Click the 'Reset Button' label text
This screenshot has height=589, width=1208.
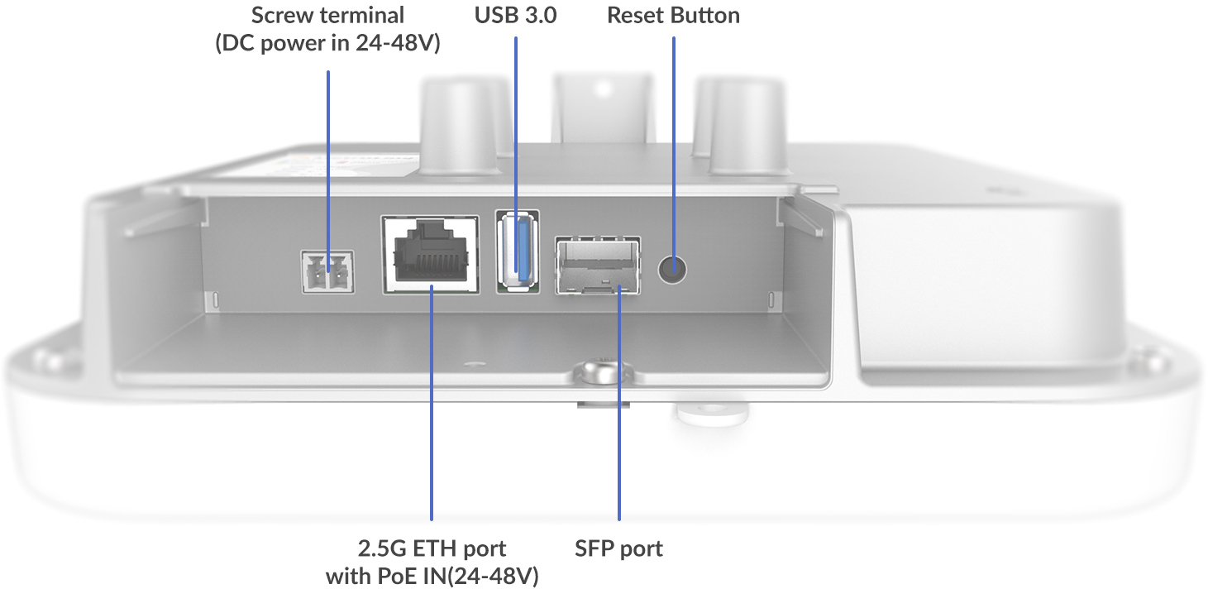tap(673, 16)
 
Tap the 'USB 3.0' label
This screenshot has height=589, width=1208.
tap(516, 16)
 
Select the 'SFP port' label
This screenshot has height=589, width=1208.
tap(618, 548)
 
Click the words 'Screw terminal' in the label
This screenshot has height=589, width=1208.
tap(327, 16)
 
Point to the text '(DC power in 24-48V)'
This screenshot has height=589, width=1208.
tap(327, 44)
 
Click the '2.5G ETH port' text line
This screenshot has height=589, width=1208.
tap(432, 548)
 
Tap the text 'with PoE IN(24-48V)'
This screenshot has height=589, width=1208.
tap(432, 576)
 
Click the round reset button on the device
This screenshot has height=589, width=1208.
tap(673, 268)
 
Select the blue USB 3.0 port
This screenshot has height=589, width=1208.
tap(517, 250)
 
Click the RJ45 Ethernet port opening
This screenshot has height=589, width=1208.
tap(431, 252)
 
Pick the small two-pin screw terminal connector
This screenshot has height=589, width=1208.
tap(327, 271)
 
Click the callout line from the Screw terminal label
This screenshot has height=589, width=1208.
tap(328, 165)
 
